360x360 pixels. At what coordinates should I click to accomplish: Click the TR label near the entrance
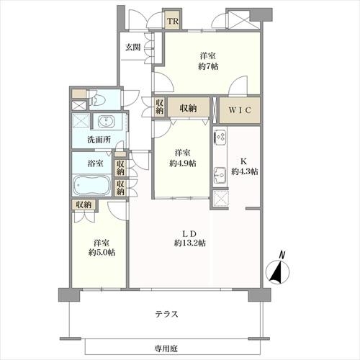pyautogui.click(x=173, y=21)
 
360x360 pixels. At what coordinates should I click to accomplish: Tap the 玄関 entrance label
pyautogui.click(x=132, y=48)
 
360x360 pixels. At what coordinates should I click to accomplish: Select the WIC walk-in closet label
pyautogui.click(x=240, y=110)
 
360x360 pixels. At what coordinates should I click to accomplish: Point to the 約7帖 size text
pyautogui.click(x=208, y=66)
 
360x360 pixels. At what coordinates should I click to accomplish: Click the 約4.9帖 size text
pyautogui.click(x=183, y=163)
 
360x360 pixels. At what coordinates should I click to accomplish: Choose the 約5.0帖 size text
pyautogui.click(x=102, y=252)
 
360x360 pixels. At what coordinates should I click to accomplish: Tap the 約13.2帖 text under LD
pyautogui.click(x=190, y=243)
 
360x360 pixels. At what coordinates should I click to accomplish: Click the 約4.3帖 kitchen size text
pyautogui.click(x=245, y=171)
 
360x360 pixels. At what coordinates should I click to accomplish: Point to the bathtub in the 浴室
pyautogui.click(x=91, y=185)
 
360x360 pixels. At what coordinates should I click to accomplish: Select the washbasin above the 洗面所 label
pyautogui.click(x=107, y=121)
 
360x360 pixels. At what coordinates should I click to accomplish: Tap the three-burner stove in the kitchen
pyautogui.click(x=220, y=136)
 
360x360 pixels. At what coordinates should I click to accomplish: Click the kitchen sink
pyautogui.click(x=220, y=175)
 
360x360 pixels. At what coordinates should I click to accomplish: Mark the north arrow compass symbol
pyautogui.click(x=278, y=269)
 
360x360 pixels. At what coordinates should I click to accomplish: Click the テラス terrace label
pyautogui.click(x=166, y=314)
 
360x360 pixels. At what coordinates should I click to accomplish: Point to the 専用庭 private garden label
pyautogui.click(x=166, y=348)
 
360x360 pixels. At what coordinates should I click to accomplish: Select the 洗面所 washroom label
pyautogui.click(x=99, y=140)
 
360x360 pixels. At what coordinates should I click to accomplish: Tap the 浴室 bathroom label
pyautogui.click(x=95, y=163)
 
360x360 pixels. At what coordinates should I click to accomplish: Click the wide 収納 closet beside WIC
pyautogui.click(x=189, y=108)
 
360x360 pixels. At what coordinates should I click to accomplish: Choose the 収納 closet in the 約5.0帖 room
pyautogui.click(x=84, y=204)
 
